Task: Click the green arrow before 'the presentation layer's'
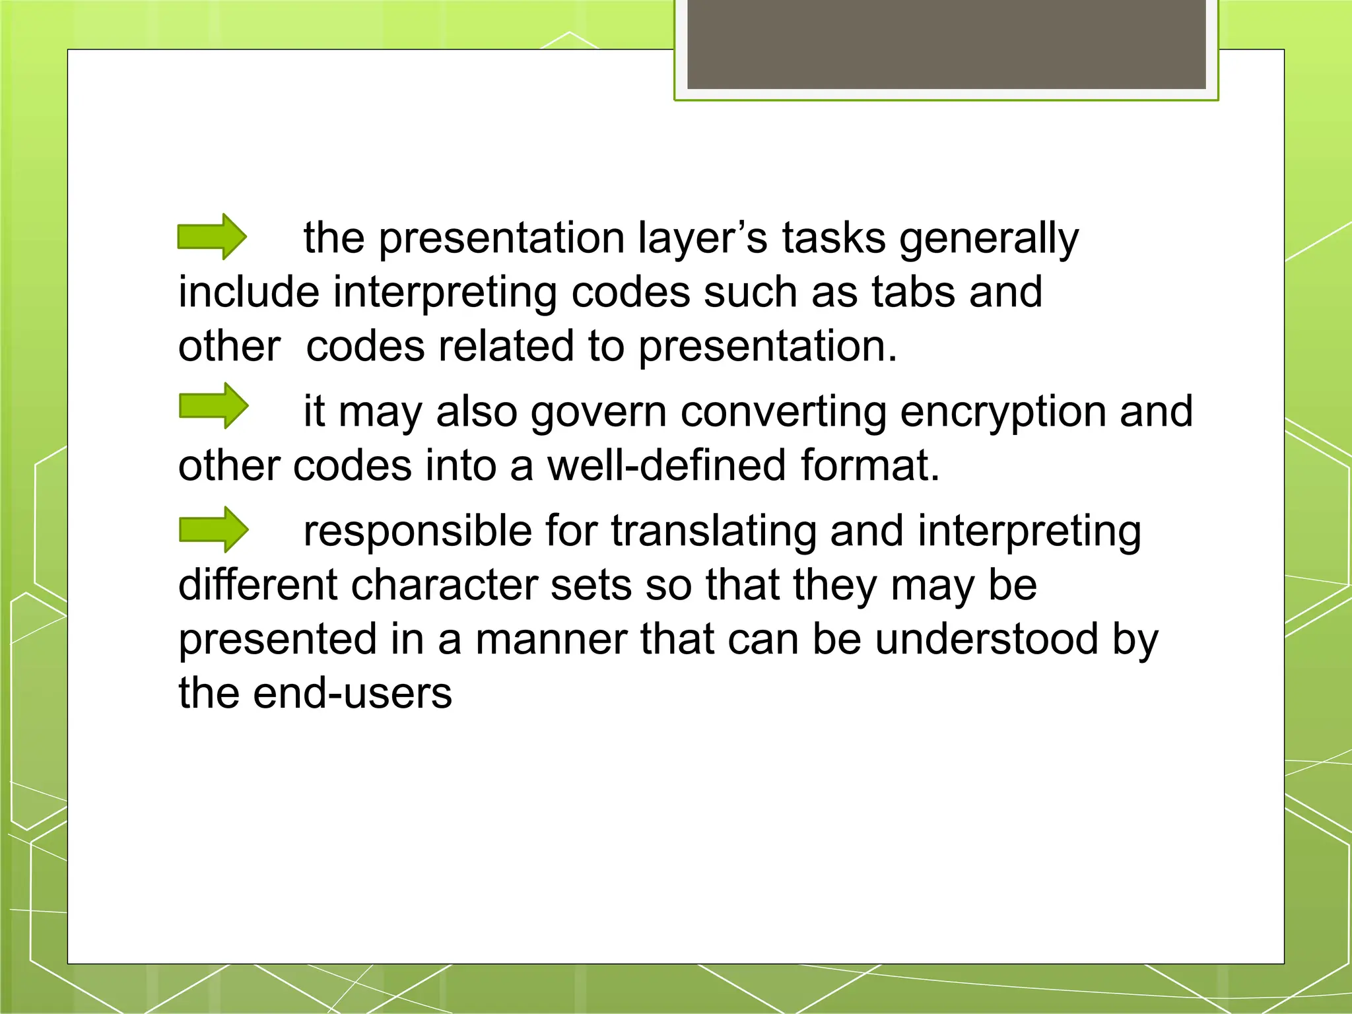(x=212, y=236)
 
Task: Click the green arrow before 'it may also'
(x=213, y=405)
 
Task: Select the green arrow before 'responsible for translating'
(x=213, y=529)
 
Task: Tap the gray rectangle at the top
(x=946, y=44)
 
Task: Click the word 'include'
(x=249, y=292)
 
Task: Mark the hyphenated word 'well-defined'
(x=667, y=466)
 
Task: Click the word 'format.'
(x=870, y=466)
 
